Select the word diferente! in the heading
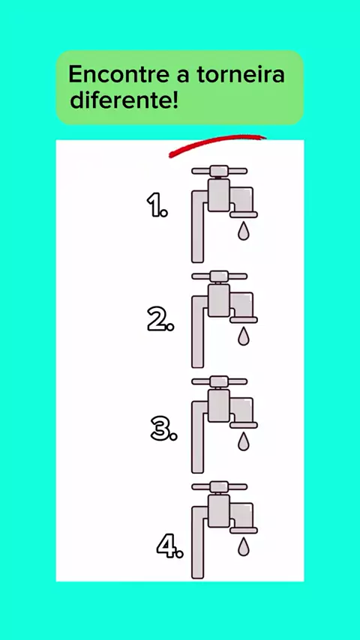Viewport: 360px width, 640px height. [x=124, y=101]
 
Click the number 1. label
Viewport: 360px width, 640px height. [x=157, y=205]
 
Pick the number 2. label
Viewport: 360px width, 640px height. [x=160, y=319]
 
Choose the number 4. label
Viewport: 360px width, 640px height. [x=170, y=546]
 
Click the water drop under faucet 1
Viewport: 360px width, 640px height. [x=244, y=231]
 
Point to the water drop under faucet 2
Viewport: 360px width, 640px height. [x=244, y=336]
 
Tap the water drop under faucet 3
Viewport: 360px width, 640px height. [x=244, y=441]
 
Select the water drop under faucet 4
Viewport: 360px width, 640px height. [x=244, y=546]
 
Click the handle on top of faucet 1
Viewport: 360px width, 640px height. [x=220, y=171]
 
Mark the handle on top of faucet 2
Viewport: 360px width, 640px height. [x=220, y=277]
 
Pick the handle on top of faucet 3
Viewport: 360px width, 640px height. [x=220, y=381]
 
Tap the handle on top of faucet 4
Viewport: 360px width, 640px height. [x=220, y=486]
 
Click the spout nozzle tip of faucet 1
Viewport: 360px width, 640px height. [x=244, y=214]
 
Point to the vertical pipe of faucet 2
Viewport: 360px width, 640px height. [x=197, y=331]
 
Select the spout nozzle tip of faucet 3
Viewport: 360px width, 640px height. [x=244, y=426]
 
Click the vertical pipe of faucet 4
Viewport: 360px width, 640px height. [x=197, y=542]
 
